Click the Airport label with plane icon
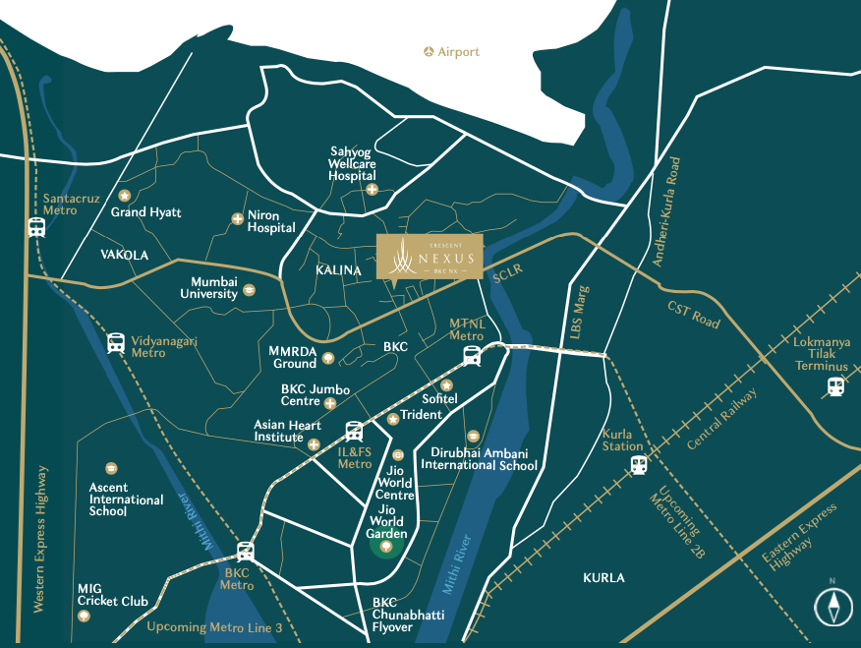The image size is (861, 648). click(452, 51)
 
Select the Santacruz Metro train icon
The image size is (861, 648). click(36, 227)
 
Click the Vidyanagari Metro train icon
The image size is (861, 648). click(116, 343)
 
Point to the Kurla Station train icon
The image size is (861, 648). click(639, 464)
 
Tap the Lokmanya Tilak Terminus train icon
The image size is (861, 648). click(835, 386)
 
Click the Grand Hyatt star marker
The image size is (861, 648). click(124, 196)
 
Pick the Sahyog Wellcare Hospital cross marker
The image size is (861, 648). click(372, 190)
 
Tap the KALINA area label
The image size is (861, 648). click(340, 270)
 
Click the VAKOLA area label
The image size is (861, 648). click(124, 255)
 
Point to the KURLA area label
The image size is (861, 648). click(603, 578)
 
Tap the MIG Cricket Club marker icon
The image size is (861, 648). click(85, 617)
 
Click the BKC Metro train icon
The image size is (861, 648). click(245, 552)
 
